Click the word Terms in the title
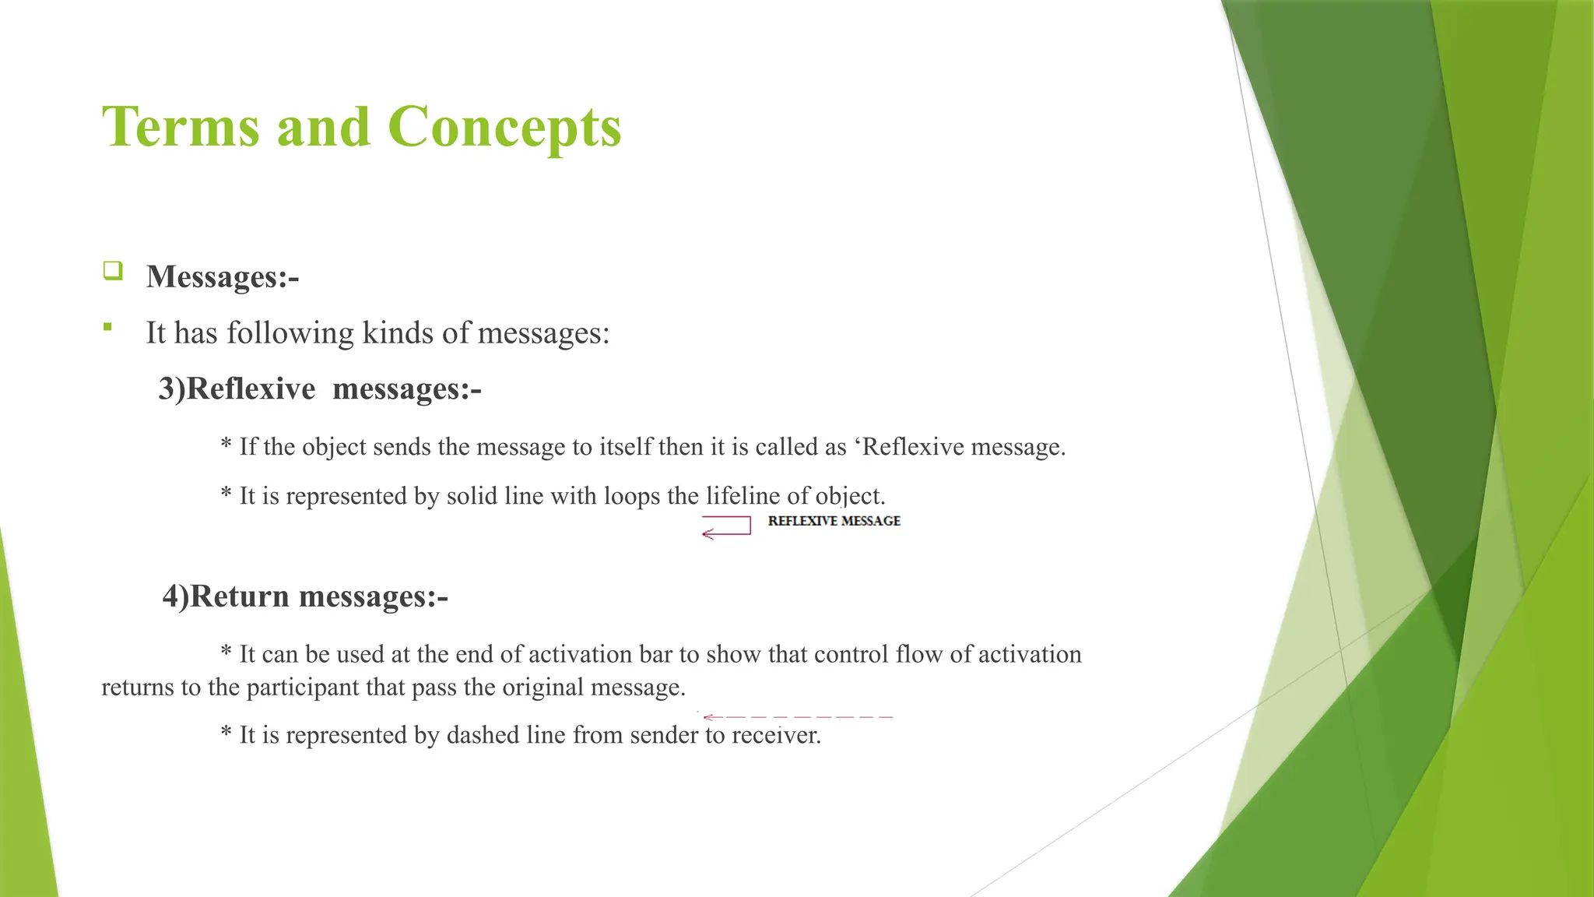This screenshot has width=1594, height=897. click(181, 127)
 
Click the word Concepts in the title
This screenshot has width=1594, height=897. click(504, 127)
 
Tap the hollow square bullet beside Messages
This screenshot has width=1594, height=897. click(113, 271)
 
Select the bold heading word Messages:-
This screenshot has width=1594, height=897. click(223, 276)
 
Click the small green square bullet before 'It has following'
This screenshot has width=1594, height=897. click(107, 327)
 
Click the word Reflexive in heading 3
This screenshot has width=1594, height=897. click(251, 389)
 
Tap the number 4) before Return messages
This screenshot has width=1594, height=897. click(176, 596)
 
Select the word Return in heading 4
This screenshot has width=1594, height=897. click(240, 596)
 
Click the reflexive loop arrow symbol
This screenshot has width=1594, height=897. click(726, 527)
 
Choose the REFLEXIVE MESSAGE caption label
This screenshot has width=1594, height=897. click(834, 521)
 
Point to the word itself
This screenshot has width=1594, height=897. click(626, 447)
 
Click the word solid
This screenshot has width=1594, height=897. click(472, 496)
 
